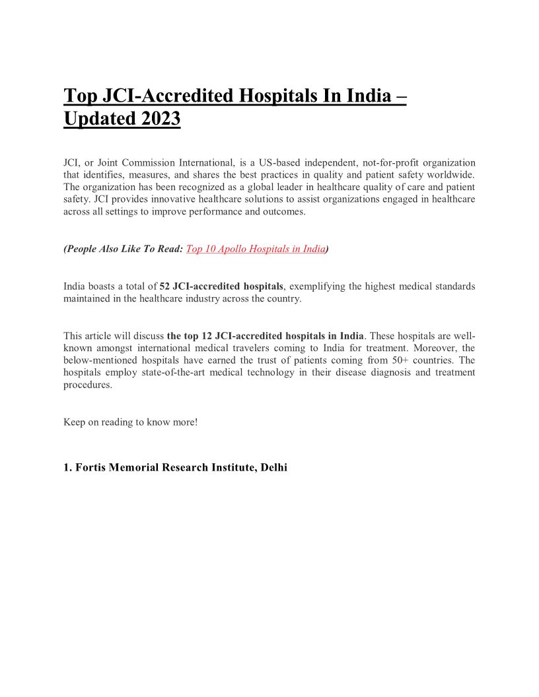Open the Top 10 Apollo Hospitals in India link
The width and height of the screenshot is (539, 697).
[256, 249]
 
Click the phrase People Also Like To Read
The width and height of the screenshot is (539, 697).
[122, 249]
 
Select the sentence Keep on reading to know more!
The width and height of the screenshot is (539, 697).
[130, 422]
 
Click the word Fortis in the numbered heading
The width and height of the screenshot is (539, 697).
[90, 467]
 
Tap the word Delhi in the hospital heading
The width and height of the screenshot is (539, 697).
[274, 467]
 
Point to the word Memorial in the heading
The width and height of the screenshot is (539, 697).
[134, 467]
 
